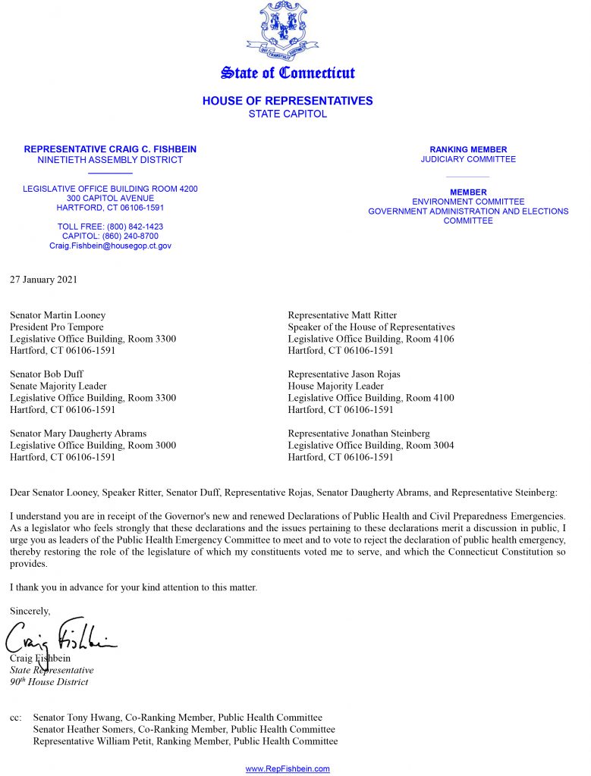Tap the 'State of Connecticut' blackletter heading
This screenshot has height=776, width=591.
[x=288, y=74]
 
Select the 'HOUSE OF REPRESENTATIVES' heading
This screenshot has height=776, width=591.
[x=288, y=101]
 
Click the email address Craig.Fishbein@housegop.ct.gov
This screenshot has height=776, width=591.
[x=110, y=246]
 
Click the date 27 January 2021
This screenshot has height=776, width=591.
[x=43, y=280]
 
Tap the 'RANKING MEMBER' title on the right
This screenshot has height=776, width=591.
[x=468, y=150]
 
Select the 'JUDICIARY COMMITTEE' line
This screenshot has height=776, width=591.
[x=468, y=160]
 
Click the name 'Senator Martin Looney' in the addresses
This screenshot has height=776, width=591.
[x=58, y=315]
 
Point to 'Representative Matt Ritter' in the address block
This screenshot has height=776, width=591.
[x=342, y=315]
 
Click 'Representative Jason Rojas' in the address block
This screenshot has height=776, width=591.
[x=344, y=374]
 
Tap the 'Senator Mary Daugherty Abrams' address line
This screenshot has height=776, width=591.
[x=78, y=433]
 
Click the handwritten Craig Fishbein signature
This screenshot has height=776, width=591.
[x=61, y=640]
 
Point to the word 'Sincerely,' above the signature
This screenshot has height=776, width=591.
[x=30, y=611]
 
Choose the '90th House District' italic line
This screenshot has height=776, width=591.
[x=49, y=682]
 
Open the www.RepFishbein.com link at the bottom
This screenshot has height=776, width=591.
[x=288, y=768]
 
